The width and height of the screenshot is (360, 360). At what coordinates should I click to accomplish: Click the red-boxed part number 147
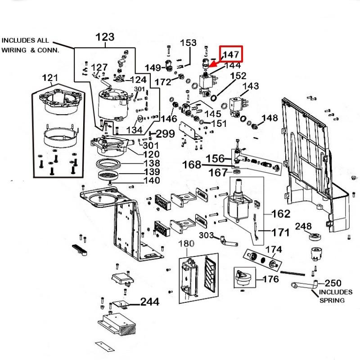[231, 54]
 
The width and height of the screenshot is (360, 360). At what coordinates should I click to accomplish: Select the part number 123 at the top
[104, 37]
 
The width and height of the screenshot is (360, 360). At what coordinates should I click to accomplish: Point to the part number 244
[149, 301]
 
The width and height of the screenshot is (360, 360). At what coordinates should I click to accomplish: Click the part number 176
[270, 279]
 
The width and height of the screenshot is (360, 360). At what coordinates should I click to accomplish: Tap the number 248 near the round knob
[303, 226]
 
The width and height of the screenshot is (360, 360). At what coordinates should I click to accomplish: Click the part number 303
[207, 235]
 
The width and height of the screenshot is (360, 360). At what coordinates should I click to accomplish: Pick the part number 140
[151, 181]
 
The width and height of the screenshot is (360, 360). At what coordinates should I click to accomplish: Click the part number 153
[188, 43]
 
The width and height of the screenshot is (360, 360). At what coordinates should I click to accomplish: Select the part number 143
[251, 86]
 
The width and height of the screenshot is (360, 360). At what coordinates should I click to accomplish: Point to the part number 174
[274, 249]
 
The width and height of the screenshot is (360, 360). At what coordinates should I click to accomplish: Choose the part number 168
[192, 165]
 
